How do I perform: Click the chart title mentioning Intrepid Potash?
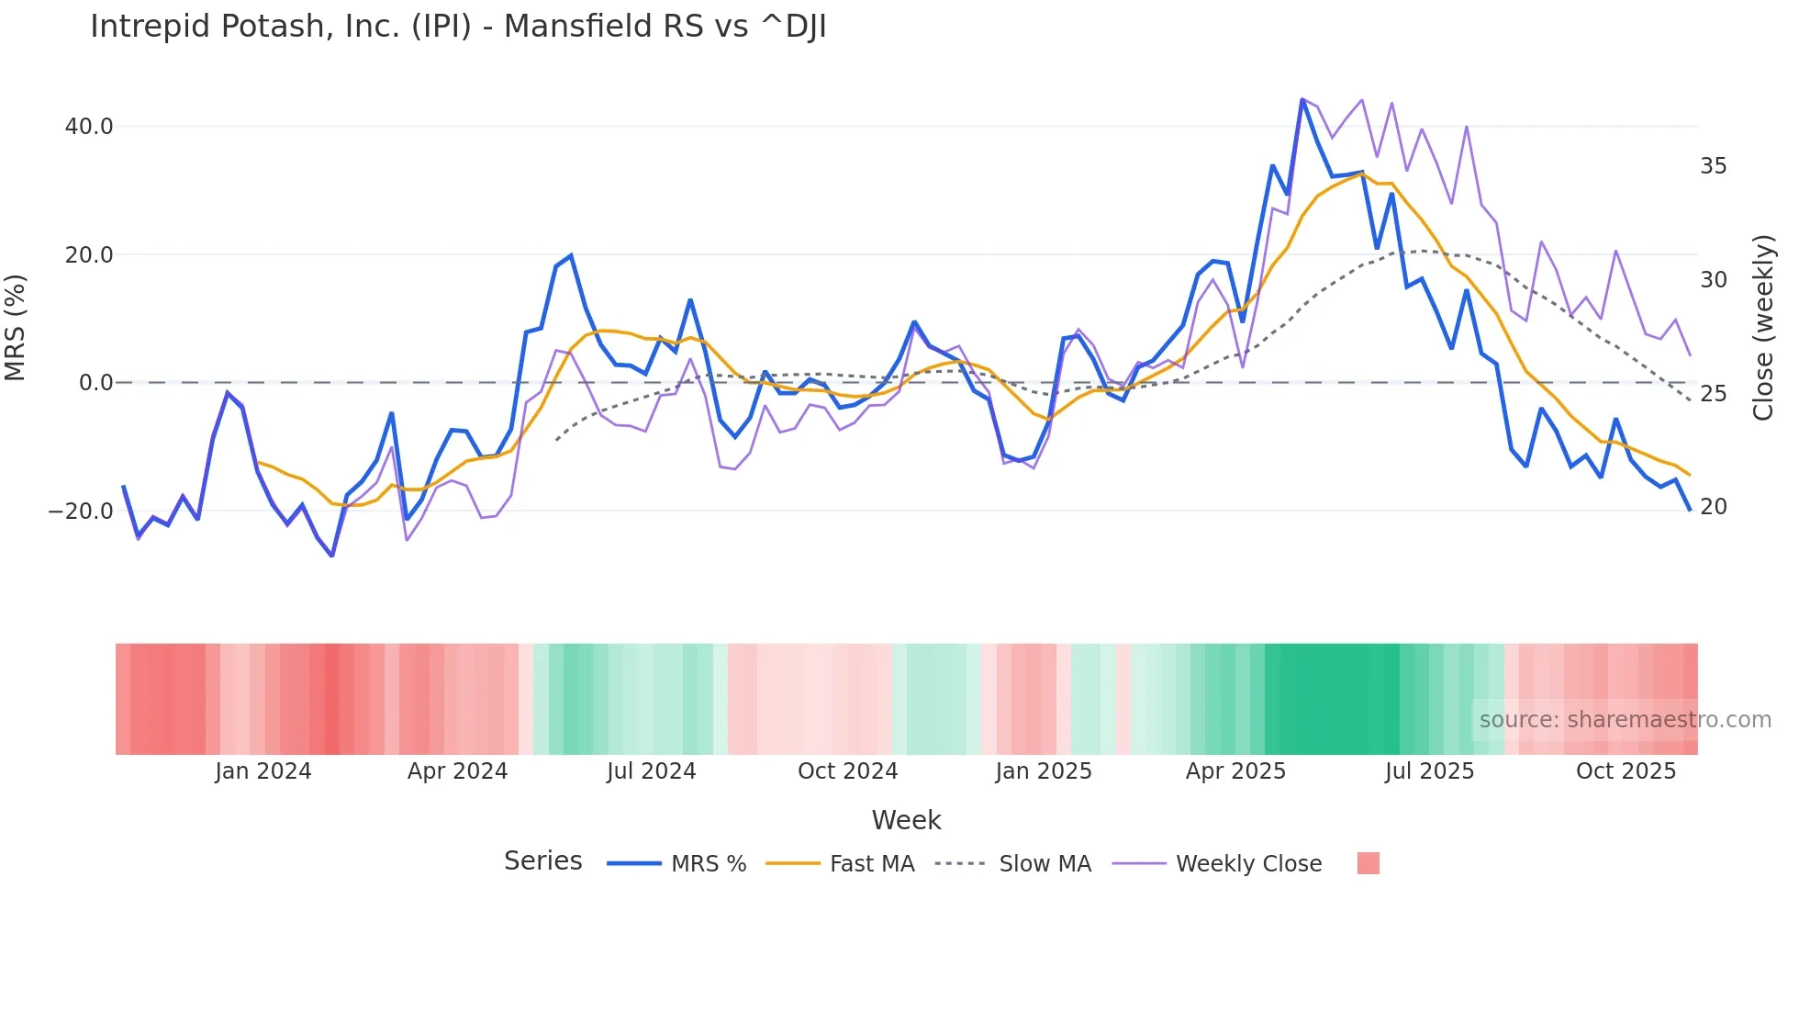tap(458, 27)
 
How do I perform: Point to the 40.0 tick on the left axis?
tap(89, 127)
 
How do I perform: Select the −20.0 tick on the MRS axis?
tap(81, 512)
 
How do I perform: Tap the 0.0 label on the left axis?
tap(95, 383)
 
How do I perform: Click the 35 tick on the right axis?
tap(1713, 166)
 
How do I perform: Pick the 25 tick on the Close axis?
tap(1713, 394)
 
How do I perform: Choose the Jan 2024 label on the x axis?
tap(263, 771)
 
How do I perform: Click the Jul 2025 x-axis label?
tap(1429, 771)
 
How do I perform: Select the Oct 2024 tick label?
tap(847, 771)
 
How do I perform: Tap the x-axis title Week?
tap(906, 820)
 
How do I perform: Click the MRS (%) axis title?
tap(16, 328)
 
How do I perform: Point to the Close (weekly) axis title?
tap(1762, 328)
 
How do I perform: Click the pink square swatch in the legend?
tap(1368, 863)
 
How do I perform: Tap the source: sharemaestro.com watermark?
tap(1625, 720)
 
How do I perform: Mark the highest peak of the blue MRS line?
tap(1302, 99)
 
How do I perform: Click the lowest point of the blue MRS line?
tap(332, 556)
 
